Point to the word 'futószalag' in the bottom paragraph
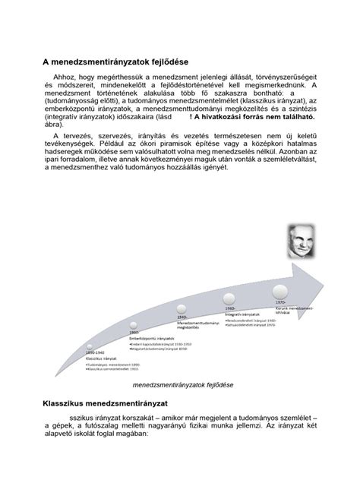coord(125,428)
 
